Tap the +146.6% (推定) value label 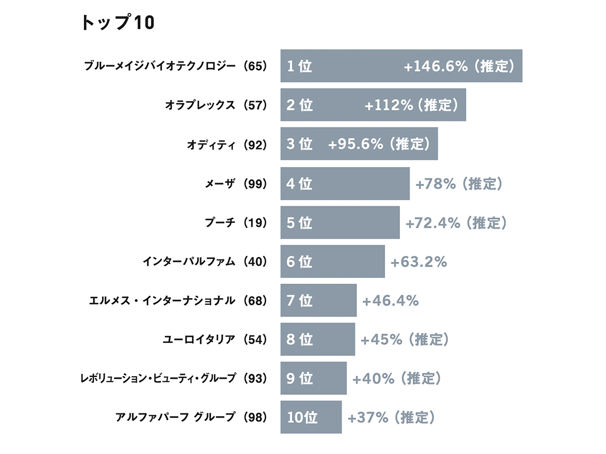pyautogui.click(x=459, y=66)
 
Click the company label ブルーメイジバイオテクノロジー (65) pyautogui.click(x=175, y=66)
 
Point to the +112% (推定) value pyautogui.click(x=411, y=105)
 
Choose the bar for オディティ pyautogui.click(x=359, y=144)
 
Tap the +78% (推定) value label pyautogui.click(x=459, y=184)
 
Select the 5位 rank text pyautogui.click(x=299, y=222)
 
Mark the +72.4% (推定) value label pyautogui.click(x=456, y=222)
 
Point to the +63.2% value pyautogui.click(x=419, y=262)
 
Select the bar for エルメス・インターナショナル pyautogui.click(x=319, y=301)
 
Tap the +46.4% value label pyautogui.click(x=390, y=301)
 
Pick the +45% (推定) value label pyautogui.click(x=405, y=339)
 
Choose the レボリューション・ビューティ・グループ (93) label pyautogui.click(x=173, y=378)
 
